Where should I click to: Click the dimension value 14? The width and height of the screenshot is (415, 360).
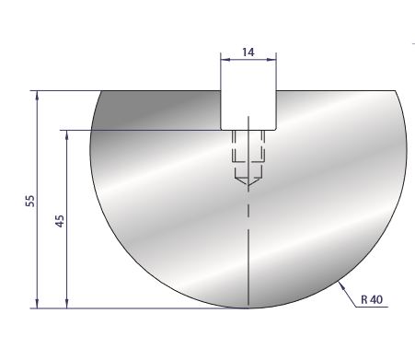pyautogui.click(x=248, y=52)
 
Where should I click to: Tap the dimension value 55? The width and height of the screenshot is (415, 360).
pyautogui.click(x=30, y=201)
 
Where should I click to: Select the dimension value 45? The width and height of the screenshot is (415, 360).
pyautogui.click(x=60, y=221)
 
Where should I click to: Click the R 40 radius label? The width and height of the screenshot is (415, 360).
pyautogui.click(x=372, y=299)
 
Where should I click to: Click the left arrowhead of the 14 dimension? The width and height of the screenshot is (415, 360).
pyautogui.click(x=225, y=60)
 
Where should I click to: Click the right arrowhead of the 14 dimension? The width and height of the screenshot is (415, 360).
pyautogui.click(x=271, y=60)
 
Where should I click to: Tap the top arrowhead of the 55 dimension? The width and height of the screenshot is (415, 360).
pyautogui.click(x=37, y=95)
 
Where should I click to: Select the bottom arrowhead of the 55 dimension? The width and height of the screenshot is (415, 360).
pyautogui.click(x=37, y=304)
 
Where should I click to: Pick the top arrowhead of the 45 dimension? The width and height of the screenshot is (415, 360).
pyautogui.click(x=67, y=134)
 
